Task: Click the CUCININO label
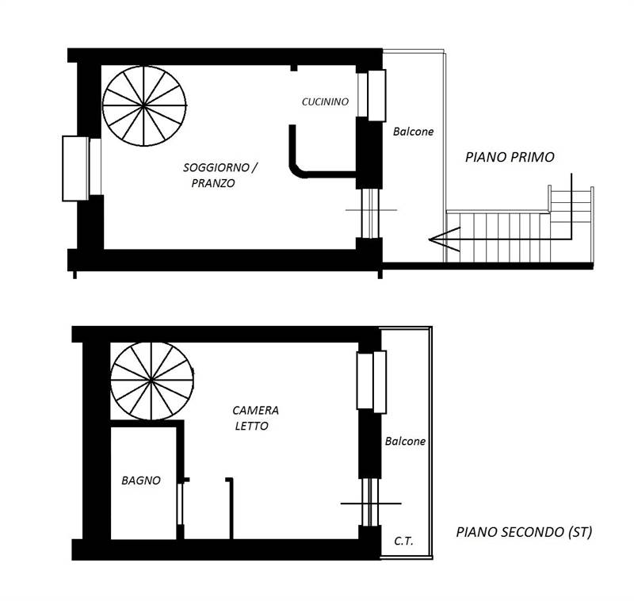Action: coord(325,101)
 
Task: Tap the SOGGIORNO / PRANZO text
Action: coord(220,175)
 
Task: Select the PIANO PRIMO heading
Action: coord(509,157)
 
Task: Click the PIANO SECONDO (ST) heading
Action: coord(524,532)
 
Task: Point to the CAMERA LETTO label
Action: coord(254,418)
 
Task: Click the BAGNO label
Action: coord(141,480)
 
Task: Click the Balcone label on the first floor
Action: coord(413,132)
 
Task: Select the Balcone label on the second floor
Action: coord(405,441)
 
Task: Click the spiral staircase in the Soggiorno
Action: coord(144,105)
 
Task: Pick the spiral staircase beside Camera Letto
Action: coord(151,380)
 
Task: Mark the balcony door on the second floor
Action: coord(369,503)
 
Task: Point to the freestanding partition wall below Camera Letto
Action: coord(231,507)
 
